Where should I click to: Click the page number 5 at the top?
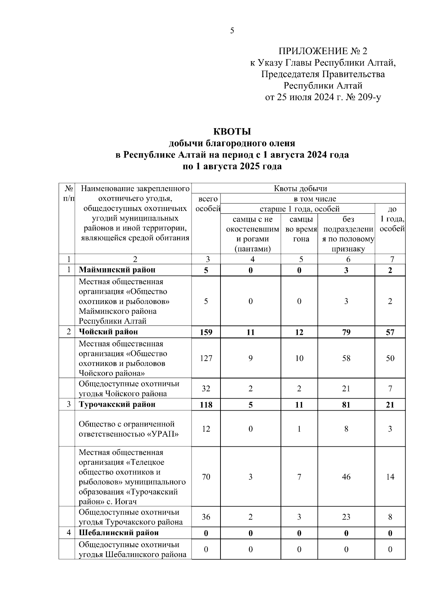[x=232, y=31]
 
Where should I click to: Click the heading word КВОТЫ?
[x=232, y=132]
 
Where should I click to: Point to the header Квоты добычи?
[x=300, y=188]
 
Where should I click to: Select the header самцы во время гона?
[x=299, y=229]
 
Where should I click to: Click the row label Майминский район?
[x=117, y=270]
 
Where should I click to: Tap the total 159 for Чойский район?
[x=206, y=332]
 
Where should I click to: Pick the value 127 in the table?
[x=206, y=358]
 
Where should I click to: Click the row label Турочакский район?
[x=117, y=405]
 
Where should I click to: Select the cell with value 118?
[x=206, y=405]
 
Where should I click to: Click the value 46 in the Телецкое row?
[x=346, y=477]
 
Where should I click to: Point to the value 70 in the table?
[x=206, y=477]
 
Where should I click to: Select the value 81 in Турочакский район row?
[x=346, y=405]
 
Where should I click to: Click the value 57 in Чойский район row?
[x=390, y=332]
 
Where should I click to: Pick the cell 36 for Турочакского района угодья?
[x=206, y=517]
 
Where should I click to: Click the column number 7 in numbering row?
[x=392, y=259]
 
